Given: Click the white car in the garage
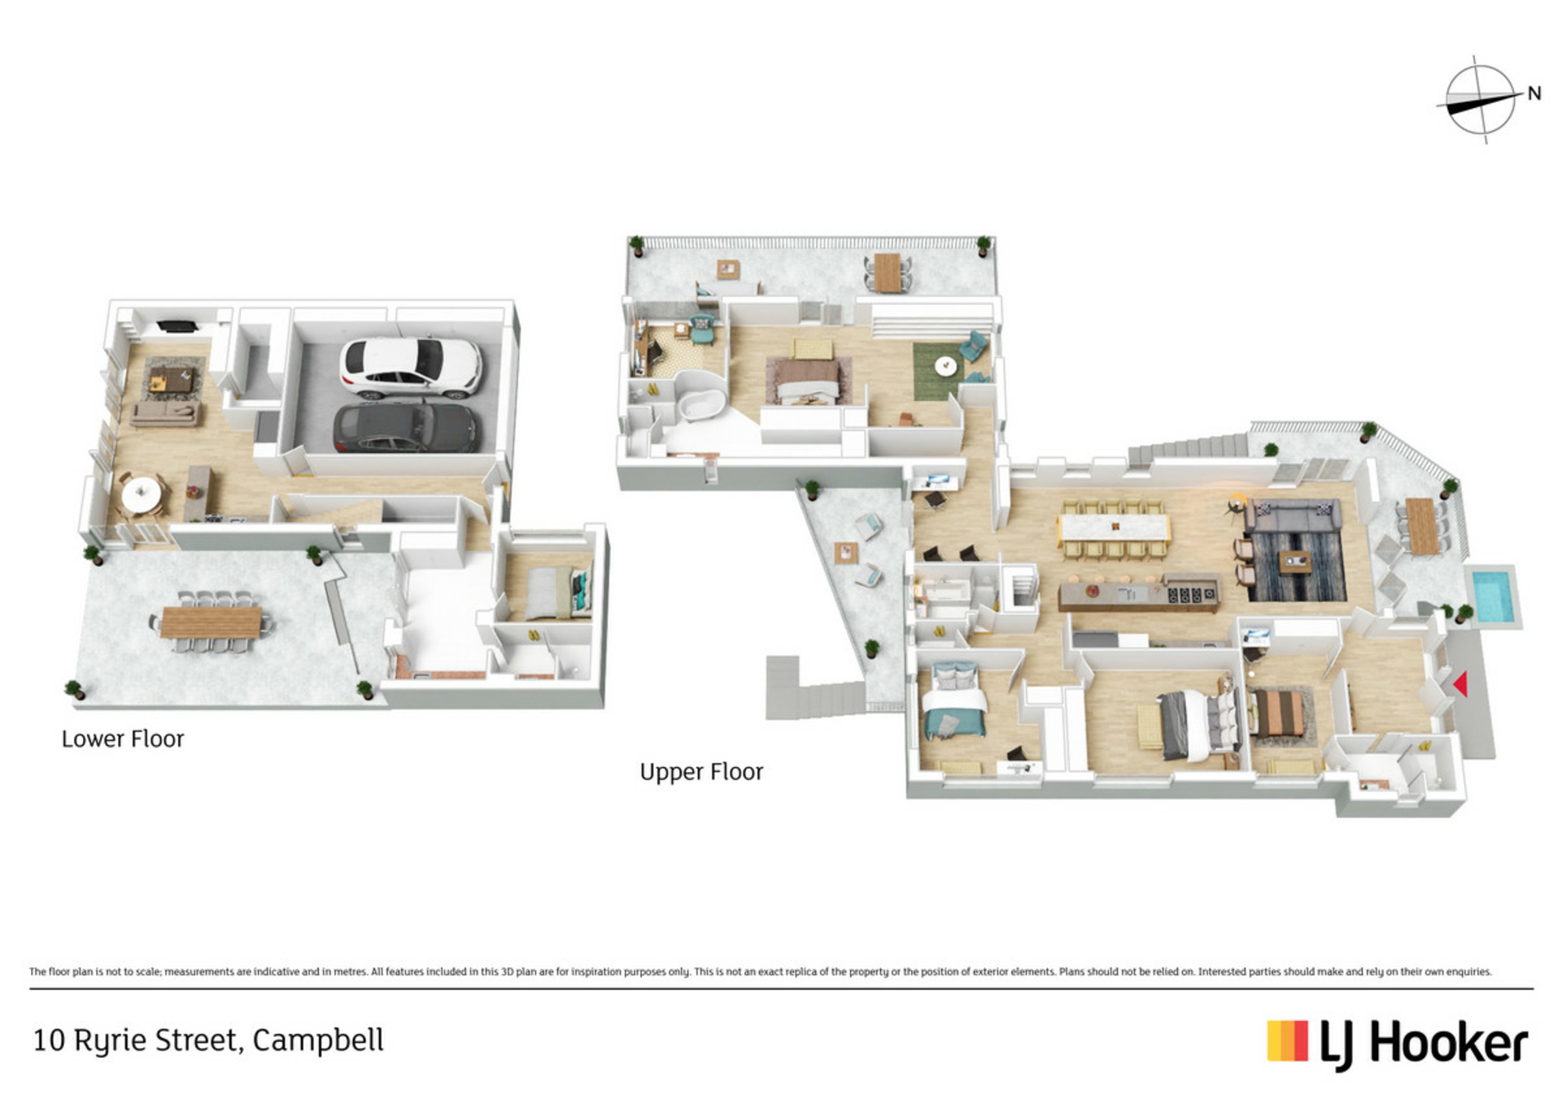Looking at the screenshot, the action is (x=411, y=367).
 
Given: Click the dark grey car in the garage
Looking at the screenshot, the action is (x=406, y=427).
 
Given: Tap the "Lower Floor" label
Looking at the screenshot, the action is (x=123, y=739).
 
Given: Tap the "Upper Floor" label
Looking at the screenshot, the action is (x=701, y=772).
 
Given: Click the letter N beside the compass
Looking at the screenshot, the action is (x=1534, y=94).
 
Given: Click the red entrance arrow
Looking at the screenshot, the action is (x=1460, y=684).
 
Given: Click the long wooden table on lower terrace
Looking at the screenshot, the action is (x=211, y=622).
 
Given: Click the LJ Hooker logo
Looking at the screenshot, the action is (x=1398, y=1044).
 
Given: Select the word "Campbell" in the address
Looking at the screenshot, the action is (x=318, y=1040).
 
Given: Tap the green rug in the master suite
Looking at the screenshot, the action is (x=944, y=372).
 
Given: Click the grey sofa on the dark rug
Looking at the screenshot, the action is (x=1292, y=517).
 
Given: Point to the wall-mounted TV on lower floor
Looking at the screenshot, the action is (x=177, y=327).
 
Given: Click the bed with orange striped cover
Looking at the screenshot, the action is (x=1277, y=714).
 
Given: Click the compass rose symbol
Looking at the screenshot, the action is (x=1480, y=100).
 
